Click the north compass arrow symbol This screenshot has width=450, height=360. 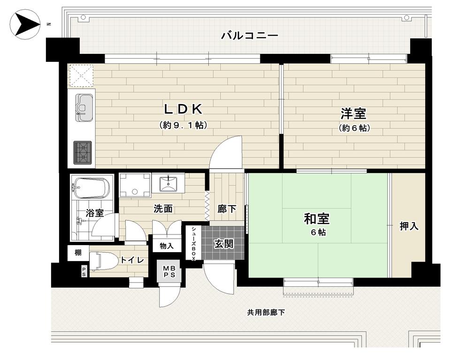(25, 24)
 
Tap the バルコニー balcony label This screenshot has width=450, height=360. (250, 36)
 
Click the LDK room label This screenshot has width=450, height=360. (183, 109)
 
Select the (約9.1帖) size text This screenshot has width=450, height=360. (183, 125)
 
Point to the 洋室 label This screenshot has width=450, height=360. (354, 113)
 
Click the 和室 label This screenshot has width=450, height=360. (317, 219)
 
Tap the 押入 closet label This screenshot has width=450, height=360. (409, 226)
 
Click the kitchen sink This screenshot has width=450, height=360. (84, 108)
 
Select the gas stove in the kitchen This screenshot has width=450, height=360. (83, 153)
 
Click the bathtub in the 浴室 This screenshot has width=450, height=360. (91, 188)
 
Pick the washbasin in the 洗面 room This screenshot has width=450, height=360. (168, 183)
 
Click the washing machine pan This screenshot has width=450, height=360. (135, 185)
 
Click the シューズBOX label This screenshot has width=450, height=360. (194, 243)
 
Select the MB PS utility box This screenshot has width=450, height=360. (169, 271)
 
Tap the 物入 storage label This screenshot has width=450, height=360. (167, 246)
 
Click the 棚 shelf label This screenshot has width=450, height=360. (78, 253)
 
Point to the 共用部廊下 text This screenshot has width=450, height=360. (266, 312)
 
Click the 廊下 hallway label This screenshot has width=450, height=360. (227, 209)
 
